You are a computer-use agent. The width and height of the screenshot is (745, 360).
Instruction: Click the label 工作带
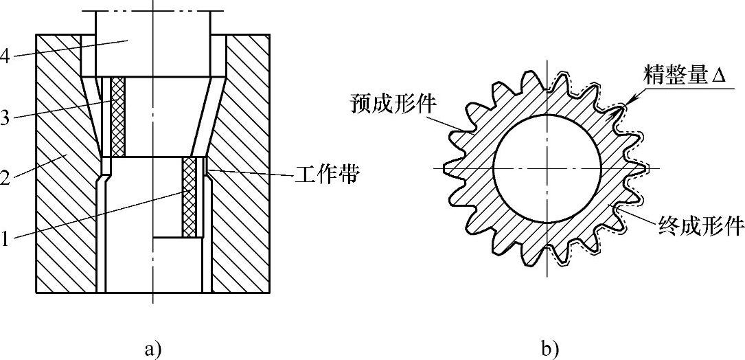(x=327, y=176)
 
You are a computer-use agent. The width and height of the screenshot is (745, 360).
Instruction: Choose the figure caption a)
(x=152, y=349)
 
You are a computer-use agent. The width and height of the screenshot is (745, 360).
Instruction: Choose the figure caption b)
(x=549, y=349)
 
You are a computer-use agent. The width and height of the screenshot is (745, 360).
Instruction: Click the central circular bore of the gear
(x=547, y=168)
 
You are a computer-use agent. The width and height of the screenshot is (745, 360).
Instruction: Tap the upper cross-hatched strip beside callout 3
(x=119, y=116)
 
